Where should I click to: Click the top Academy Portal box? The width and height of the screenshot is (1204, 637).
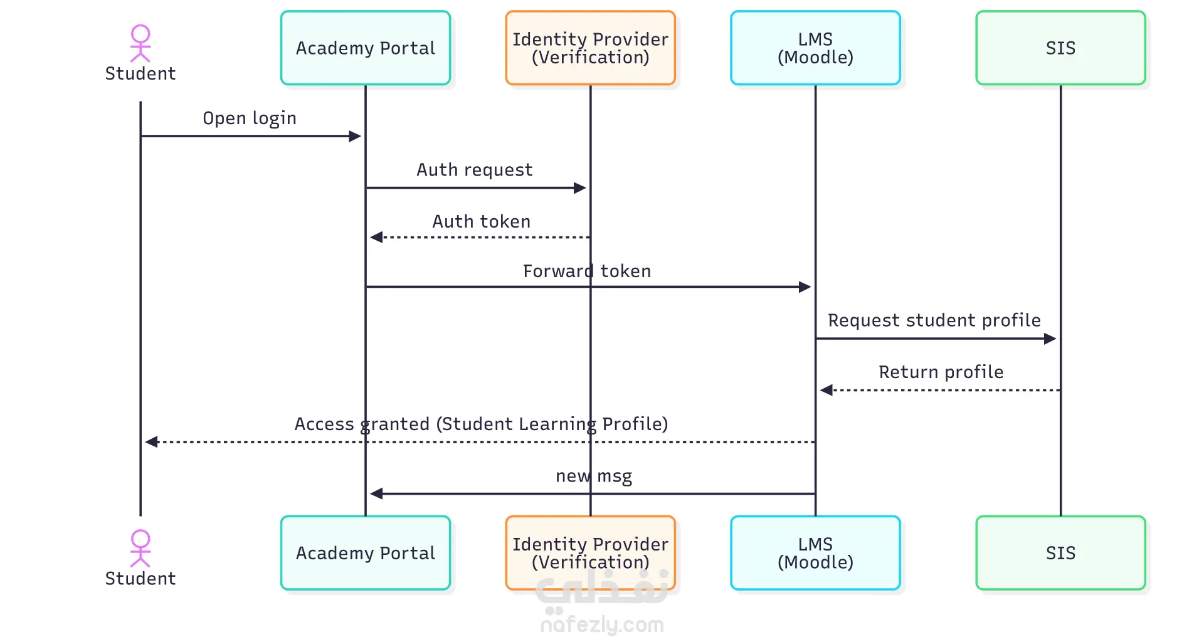[x=366, y=48]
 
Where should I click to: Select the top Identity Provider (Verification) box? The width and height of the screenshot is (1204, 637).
[x=590, y=48]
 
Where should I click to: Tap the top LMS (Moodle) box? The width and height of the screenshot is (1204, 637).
[x=815, y=48]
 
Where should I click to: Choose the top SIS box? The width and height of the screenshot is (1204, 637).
[x=1060, y=48]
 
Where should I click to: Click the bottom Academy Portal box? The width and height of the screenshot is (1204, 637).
[x=366, y=553]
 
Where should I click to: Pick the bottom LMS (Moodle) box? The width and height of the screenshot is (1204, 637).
[x=815, y=553]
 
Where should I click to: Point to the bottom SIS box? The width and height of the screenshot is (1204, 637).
[x=1060, y=553]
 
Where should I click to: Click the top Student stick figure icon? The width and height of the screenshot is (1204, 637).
[x=140, y=43]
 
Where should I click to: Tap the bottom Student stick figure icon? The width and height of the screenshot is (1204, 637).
[x=140, y=549]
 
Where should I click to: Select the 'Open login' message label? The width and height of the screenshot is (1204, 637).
[x=250, y=118]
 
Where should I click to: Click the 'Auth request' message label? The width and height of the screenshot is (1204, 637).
[x=475, y=170]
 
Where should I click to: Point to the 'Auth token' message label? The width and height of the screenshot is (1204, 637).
[x=482, y=221]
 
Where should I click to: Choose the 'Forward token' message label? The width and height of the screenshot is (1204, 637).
[x=587, y=271]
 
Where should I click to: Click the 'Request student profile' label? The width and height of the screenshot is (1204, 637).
[x=934, y=320]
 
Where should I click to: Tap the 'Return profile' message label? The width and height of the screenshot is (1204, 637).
[x=941, y=372]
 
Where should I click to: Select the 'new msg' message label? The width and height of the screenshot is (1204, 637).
[x=594, y=476]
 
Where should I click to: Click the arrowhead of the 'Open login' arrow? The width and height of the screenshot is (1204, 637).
[x=356, y=136]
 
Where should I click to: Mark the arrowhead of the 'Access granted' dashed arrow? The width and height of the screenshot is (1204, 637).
[x=151, y=442]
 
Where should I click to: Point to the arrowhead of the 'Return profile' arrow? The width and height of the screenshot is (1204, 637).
[x=826, y=390]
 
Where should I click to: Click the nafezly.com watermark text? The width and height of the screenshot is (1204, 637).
[x=602, y=624]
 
